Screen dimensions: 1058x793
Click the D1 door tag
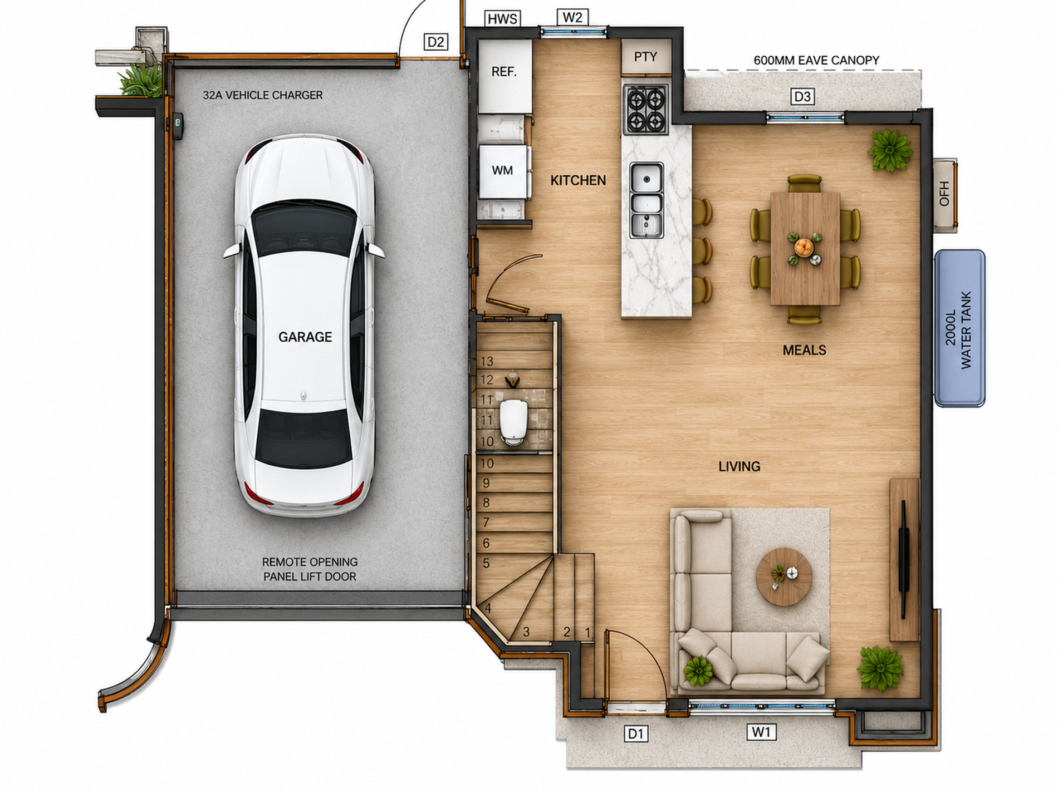click(x=636, y=733)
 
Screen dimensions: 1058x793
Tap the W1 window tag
click(x=761, y=732)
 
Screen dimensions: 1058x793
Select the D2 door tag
click(x=435, y=42)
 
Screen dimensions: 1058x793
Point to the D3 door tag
click(x=802, y=96)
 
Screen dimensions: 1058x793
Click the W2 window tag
click(x=572, y=17)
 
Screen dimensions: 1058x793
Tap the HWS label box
click(x=502, y=19)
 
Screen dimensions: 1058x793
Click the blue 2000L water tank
click(x=959, y=328)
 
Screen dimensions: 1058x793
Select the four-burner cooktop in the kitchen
click(x=645, y=110)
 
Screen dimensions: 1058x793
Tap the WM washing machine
click(x=502, y=171)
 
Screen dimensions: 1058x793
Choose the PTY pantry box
click(x=646, y=56)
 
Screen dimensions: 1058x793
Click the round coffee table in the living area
click(x=784, y=577)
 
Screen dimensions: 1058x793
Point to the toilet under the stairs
click(x=513, y=422)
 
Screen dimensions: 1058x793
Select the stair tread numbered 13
click(x=487, y=361)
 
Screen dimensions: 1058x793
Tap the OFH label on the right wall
click(x=944, y=194)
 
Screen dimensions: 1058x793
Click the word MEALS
click(x=804, y=350)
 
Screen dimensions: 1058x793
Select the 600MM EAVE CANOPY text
click(x=816, y=60)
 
